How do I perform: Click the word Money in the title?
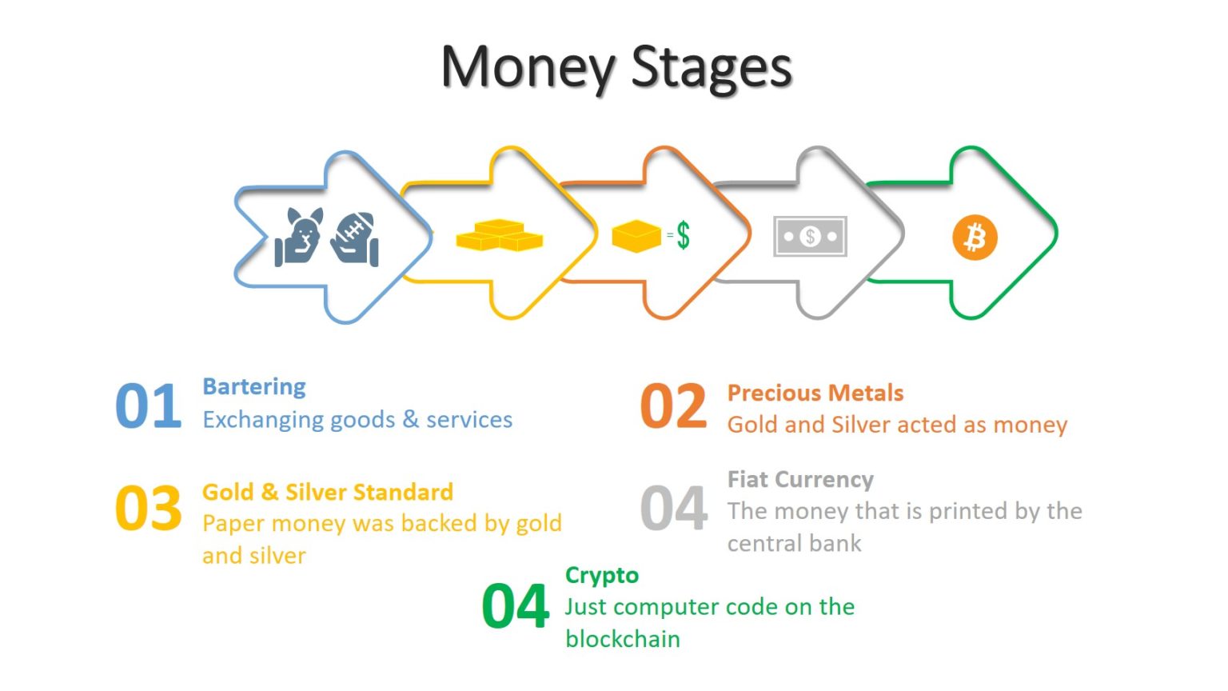coord(528,67)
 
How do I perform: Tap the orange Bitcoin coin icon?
coord(975,238)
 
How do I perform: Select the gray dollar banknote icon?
coord(810,237)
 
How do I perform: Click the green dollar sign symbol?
coord(683,236)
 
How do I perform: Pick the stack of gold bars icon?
coord(499,235)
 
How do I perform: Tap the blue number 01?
coord(149,406)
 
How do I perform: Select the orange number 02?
coord(673,406)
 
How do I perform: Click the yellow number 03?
coord(149,509)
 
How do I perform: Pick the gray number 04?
coord(673,509)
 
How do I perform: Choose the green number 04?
coord(516,606)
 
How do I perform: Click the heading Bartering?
coord(254,387)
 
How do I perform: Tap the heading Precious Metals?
coord(815,393)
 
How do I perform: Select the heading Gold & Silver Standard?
coord(328,492)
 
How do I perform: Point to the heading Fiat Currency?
coord(800,479)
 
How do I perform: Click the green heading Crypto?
coord(602,576)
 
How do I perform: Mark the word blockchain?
coord(623,639)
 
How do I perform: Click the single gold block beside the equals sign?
coord(636,236)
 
